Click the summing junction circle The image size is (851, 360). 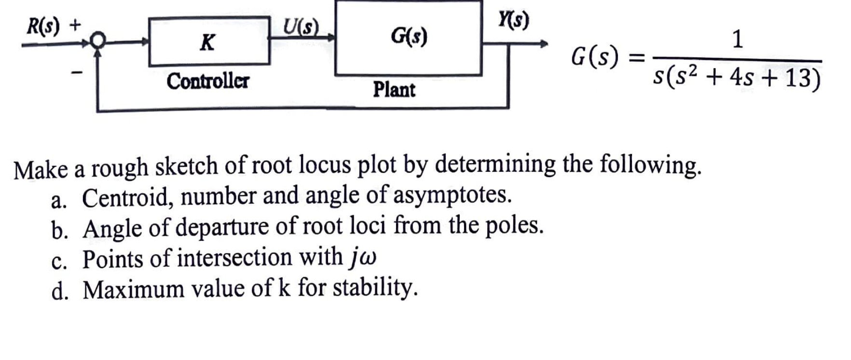[x=98, y=41]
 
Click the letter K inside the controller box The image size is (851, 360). [x=207, y=42]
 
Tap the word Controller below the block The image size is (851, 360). [x=208, y=81]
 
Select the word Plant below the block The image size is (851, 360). [x=394, y=90]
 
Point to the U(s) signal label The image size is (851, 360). [x=301, y=27]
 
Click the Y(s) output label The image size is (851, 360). [x=514, y=20]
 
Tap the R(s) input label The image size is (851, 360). [x=43, y=26]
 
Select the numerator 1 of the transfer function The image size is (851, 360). [x=737, y=39]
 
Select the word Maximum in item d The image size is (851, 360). [x=134, y=290]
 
